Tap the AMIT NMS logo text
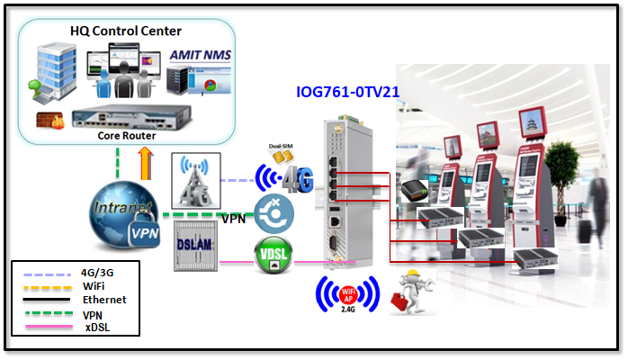(x=201, y=55)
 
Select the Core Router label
(x=127, y=135)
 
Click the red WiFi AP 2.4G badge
(x=347, y=295)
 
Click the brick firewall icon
(x=46, y=118)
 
